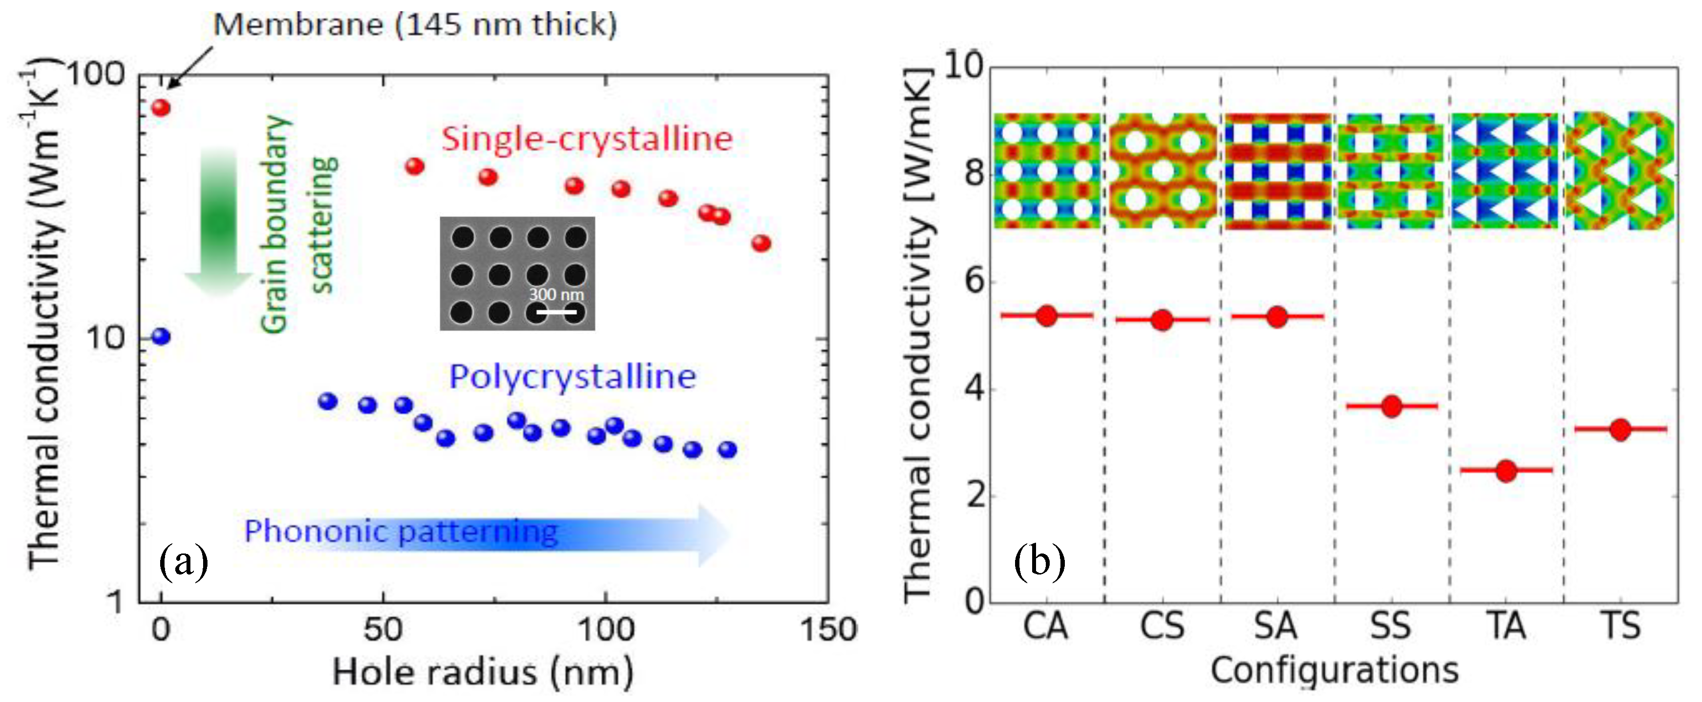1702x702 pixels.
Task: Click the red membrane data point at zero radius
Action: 161,108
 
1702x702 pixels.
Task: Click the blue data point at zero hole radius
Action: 161,337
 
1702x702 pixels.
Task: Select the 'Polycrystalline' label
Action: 572,377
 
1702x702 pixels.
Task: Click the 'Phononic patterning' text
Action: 401,532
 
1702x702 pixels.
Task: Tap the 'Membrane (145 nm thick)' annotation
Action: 415,25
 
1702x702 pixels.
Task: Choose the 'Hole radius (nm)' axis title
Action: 483,672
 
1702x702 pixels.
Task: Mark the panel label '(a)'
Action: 184,562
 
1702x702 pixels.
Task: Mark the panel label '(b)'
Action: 1039,562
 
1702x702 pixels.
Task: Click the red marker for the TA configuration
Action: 1506,470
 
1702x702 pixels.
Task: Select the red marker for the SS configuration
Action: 1391,406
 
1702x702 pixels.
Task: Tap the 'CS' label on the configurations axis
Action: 1162,626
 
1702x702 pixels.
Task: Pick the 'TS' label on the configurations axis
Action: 1621,626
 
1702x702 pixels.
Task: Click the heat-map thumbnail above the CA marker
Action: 1047,171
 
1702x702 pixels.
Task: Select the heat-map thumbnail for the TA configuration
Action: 1504,171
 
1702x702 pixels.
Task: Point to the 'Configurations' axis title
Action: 1334,671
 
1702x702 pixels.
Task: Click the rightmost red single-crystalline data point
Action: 761,243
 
